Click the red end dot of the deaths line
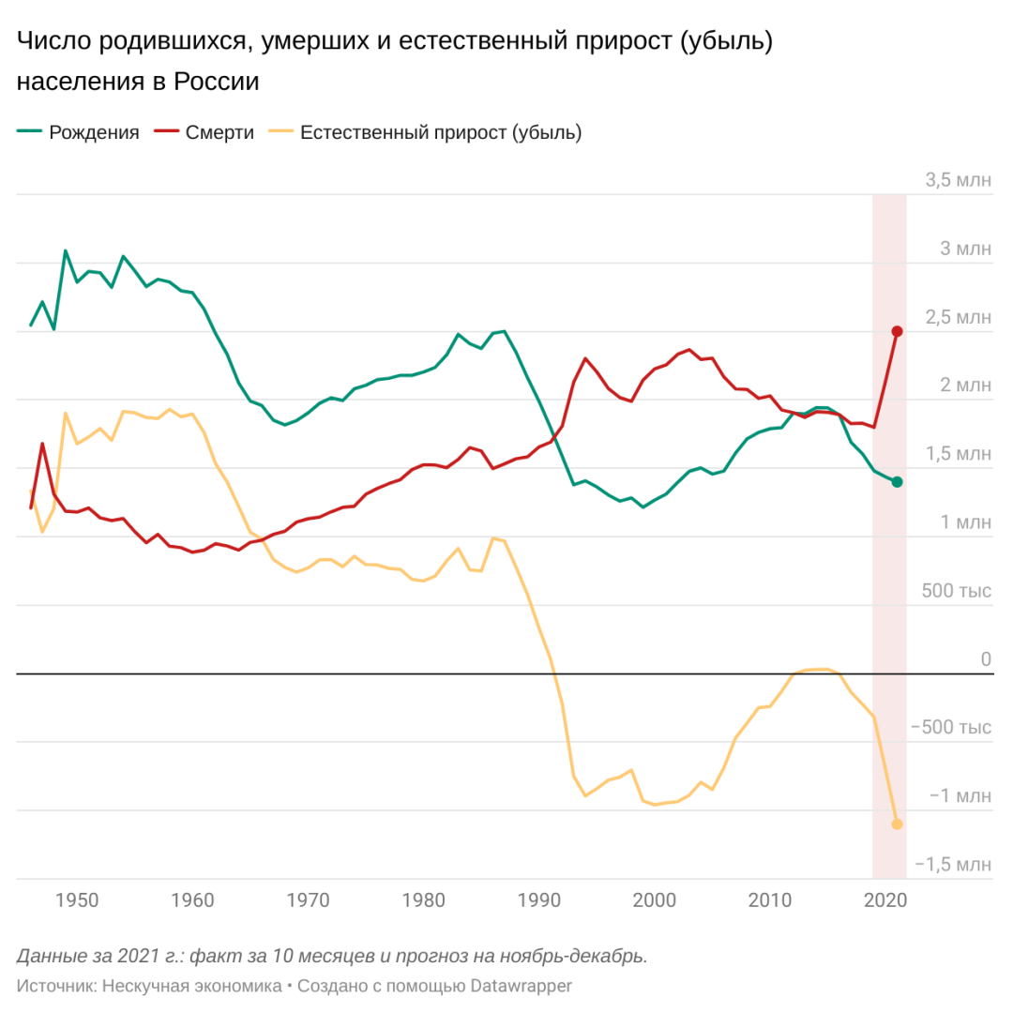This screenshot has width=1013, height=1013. [897, 331]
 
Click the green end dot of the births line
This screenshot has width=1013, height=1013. [897, 482]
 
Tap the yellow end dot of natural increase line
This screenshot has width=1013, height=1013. [897, 824]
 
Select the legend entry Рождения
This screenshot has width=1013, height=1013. [94, 132]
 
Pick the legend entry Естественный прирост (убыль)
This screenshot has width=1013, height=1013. [441, 132]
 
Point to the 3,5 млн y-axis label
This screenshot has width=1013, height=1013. [957, 181]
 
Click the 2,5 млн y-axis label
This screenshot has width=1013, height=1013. [957, 318]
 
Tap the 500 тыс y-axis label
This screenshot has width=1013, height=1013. [957, 592]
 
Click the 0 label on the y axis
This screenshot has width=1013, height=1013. [985, 660]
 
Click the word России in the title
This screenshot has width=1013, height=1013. [216, 82]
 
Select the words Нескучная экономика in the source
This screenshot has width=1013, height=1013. [191, 986]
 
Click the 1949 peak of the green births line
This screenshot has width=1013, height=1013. [65, 250]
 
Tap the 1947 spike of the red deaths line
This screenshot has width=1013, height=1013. [42, 444]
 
